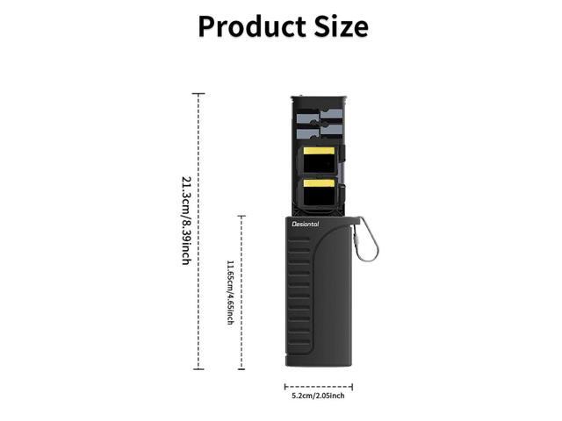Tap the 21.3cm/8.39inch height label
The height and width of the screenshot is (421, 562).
click(186, 220)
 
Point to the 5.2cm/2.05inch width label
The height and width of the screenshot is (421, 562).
click(318, 396)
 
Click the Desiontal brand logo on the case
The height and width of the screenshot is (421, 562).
click(306, 224)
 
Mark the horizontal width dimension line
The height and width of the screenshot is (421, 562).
click(318, 386)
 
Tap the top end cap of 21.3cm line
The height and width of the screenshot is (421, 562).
click(199, 93)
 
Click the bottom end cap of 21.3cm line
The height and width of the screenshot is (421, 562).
click(199, 369)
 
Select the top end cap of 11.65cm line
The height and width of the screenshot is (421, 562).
click(241, 216)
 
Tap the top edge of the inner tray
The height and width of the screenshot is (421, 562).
click(318, 96)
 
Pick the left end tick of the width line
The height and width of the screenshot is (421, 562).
click(285, 386)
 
